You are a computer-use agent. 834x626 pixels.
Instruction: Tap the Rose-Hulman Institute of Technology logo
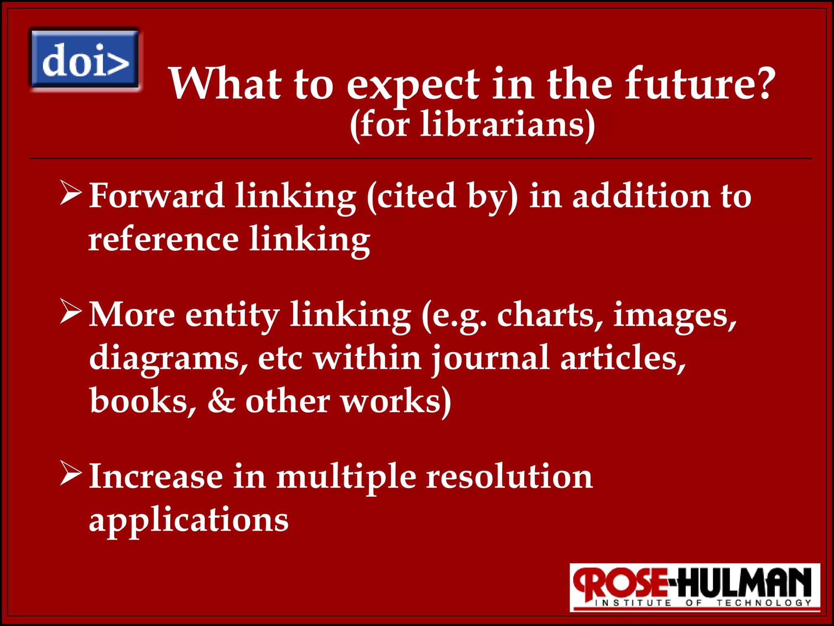694,587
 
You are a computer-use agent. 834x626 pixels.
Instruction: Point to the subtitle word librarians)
507,124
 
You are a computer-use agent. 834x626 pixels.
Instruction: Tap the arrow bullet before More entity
71,312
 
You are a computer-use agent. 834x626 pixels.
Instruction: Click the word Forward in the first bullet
156,196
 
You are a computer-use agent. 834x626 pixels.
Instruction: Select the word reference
163,239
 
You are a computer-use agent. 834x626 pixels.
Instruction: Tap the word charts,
549,315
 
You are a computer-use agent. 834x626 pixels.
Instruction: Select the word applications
189,520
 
